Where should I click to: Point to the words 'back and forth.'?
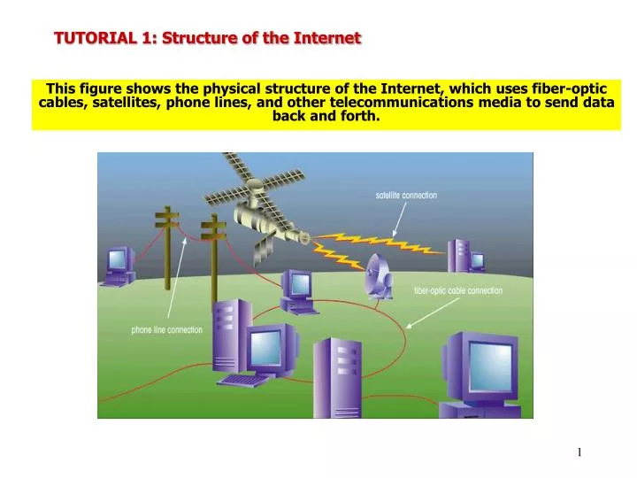pos(326,116)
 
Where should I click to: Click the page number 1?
pos(579,452)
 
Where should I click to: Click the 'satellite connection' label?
pos(406,195)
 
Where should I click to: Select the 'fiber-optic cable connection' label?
pos(457,290)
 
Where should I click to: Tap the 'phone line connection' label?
pos(166,330)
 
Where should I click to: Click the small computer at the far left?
pos(119,265)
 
